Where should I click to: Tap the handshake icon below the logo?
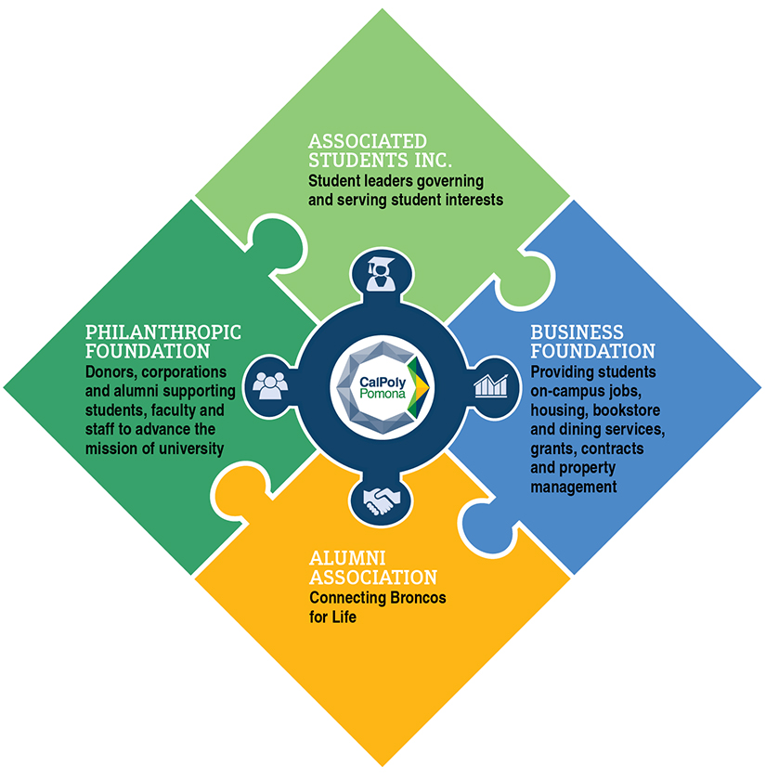(x=381, y=503)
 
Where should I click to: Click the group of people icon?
(x=268, y=384)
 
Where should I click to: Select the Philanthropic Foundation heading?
(x=150, y=342)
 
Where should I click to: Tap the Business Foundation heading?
(x=591, y=342)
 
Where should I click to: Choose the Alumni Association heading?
(x=372, y=567)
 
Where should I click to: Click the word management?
(x=572, y=486)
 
